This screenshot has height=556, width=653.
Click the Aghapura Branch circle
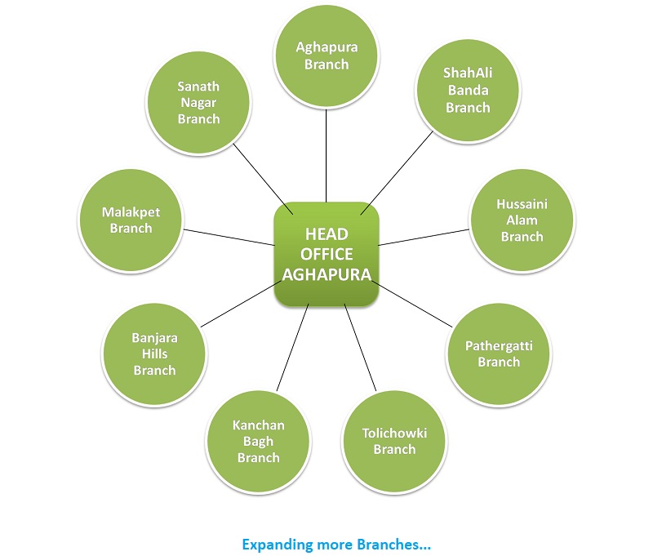[326, 56]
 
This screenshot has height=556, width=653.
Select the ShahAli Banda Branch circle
[468, 90]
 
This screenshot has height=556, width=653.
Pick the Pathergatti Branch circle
[499, 354]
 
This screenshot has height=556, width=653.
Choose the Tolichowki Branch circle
[394, 440]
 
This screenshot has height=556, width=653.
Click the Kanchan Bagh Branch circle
[258, 441]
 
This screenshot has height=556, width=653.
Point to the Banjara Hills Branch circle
[154, 354]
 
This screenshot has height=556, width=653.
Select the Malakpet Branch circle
[131, 220]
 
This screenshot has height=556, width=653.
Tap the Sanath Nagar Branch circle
[198, 102]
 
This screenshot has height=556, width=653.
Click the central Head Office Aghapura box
[326, 254]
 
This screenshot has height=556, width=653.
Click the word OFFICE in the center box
[326, 254]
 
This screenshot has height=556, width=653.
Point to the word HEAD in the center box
[326, 235]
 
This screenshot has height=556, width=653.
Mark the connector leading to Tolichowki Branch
[361, 347]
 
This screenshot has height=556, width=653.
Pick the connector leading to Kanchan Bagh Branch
[292, 347]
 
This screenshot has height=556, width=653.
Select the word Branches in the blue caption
[400, 543]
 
